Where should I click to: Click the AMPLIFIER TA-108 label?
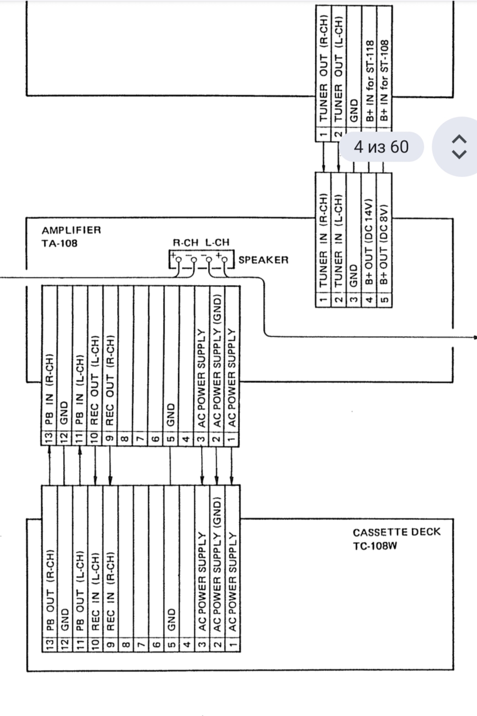coord(71,237)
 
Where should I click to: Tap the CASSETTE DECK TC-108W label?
coord(397,539)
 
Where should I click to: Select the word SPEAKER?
coord(264,260)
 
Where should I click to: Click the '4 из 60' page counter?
coord(381,147)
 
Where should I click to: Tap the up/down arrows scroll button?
coord(459,147)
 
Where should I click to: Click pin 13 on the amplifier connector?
coord(49,438)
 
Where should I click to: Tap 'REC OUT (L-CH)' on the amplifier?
coord(95,380)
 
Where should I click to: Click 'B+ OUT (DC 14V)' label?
coord(369,242)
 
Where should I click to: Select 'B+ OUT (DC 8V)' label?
coord(384,245)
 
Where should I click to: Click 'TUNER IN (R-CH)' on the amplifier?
coord(323,240)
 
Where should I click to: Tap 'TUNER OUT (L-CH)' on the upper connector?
coord(339,68)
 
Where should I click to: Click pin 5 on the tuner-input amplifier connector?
coord(385,300)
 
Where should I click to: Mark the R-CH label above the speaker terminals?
coord(185,242)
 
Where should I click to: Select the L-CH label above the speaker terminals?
coord(217,242)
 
